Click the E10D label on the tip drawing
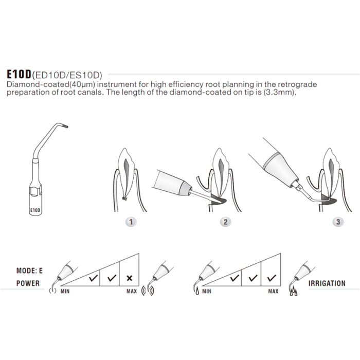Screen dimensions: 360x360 (35, 210)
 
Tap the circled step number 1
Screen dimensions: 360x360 (132, 222)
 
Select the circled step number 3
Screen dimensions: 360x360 (338, 222)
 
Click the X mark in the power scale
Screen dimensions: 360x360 (129, 278)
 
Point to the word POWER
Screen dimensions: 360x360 (27, 283)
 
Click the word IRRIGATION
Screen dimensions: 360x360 (327, 283)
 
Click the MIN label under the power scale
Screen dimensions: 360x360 (65, 291)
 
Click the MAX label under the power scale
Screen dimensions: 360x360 (132, 291)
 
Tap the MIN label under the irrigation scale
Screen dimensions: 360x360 (207, 291)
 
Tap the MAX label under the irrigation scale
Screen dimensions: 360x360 (273, 291)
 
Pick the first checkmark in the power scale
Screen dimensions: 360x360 (94, 278)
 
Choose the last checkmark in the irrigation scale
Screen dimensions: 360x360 (270, 278)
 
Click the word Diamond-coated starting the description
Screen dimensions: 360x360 (31, 84)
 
